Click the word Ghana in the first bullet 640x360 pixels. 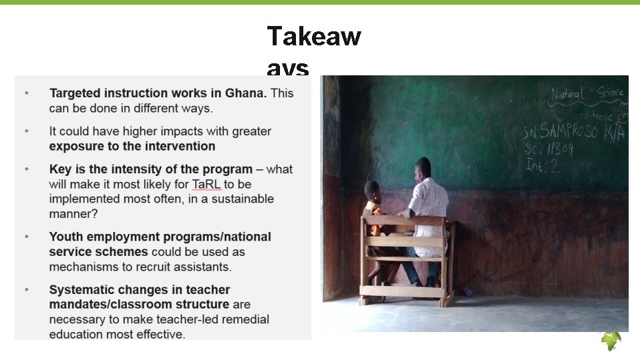[x=247, y=93]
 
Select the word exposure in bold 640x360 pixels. [x=75, y=146]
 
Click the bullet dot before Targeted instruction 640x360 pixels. [x=27, y=93]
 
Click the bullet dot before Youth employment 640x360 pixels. [x=27, y=237]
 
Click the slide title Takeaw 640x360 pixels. [x=313, y=36]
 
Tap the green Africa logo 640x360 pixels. [x=611, y=341]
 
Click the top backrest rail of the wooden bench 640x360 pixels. [x=404, y=221]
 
